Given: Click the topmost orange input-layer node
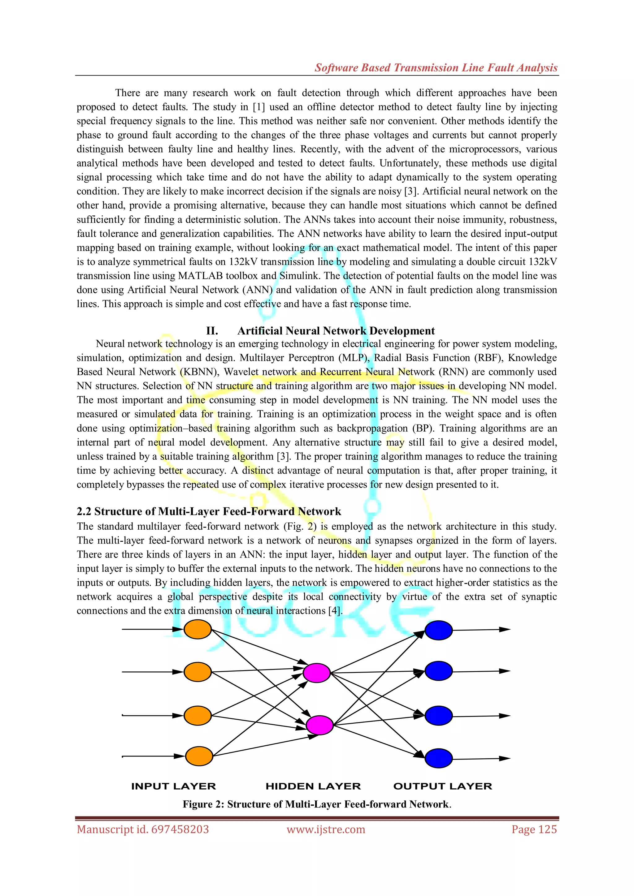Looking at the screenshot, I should tap(198, 629).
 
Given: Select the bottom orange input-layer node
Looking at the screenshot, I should tap(199, 756).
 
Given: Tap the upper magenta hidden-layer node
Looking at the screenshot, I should tap(317, 673).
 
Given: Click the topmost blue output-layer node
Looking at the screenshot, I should tap(438, 630).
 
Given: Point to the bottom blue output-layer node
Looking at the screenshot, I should tap(438, 758).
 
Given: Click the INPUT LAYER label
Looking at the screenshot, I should tap(173, 786).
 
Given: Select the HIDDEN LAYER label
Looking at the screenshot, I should tap(313, 786).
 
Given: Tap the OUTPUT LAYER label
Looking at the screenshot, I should tap(443, 786).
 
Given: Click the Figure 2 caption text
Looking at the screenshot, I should tap(317, 804).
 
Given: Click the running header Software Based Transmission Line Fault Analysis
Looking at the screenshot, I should tap(436, 67).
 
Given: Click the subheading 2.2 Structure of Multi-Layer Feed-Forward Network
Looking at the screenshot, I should tap(209, 511).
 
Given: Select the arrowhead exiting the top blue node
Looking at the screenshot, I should tap(505, 629).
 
